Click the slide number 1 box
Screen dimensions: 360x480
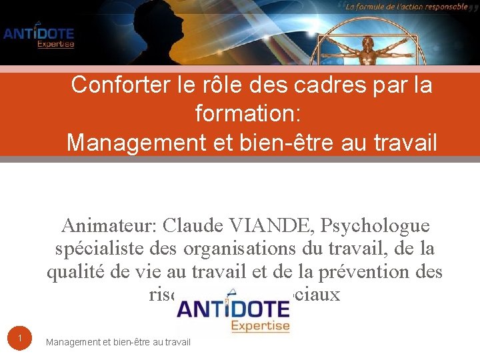tap(20, 339)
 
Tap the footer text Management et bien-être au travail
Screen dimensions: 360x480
tap(118, 342)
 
